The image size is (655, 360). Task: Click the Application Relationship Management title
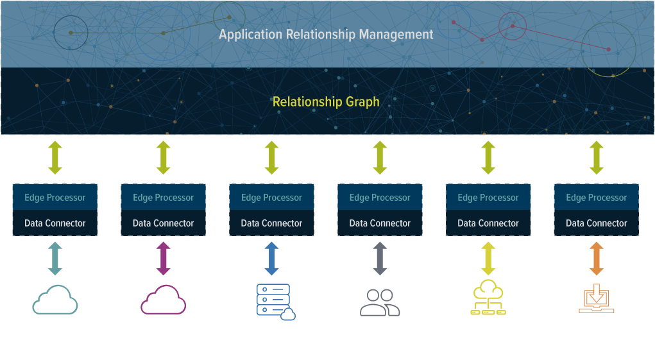[x=326, y=35]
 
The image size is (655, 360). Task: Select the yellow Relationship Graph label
[x=326, y=101]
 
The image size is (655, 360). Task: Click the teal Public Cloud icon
[x=55, y=300]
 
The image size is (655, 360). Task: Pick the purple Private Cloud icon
[x=163, y=300]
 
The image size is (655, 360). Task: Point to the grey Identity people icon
[x=380, y=302]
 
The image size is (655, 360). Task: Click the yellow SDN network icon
[x=488, y=299]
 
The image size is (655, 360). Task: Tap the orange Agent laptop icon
[x=597, y=299]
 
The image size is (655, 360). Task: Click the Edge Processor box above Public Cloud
[x=55, y=198]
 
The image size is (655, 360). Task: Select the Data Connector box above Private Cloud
[x=163, y=223]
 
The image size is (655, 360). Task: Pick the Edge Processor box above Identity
[x=380, y=198]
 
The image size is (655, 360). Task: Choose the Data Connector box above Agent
[x=597, y=223]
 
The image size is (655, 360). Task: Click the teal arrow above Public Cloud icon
[x=55, y=259]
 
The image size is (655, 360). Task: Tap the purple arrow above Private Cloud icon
[x=163, y=259]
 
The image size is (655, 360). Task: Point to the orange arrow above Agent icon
[x=597, y=259]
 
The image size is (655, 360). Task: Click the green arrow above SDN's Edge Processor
[x=488, y=158]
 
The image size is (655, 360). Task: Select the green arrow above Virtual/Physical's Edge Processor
[x=271, y=158]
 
